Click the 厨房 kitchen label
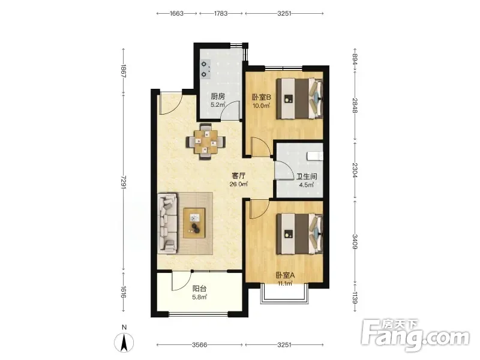(x=218, y=97)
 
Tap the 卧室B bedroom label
(x=262, y=97)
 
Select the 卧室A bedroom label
(x=284, y=275)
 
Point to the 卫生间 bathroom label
(x=307, y=176)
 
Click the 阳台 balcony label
(x=200, y=289)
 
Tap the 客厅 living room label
(x=239, y=176)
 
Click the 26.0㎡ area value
(x=238, y=184)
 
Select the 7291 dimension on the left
(x=124, y=182)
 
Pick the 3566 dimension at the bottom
(x=199, y=345)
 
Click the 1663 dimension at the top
(x=176, y=13)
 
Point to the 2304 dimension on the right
(x=355, y=170)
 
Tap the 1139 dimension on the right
(x=355, y=298)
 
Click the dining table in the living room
(x=206, y=142)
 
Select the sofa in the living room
(x=167, y=223)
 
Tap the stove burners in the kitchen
(x=205, y=69)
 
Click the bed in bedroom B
(x=299, y=98)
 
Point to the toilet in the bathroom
(x=315, y=156)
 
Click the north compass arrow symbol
(x=124, y=342)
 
